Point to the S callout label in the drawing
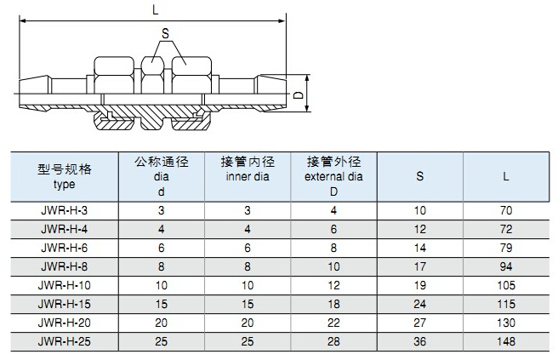(164, 33)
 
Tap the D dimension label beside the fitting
(299, 97)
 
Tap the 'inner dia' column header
(247, 177)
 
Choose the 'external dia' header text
(333, 177)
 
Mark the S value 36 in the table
(420, 340)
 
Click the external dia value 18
(333, 303)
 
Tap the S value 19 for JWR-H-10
(420, 284)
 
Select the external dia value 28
(333, 340)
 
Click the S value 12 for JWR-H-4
(420, 228)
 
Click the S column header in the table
(420, 177)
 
